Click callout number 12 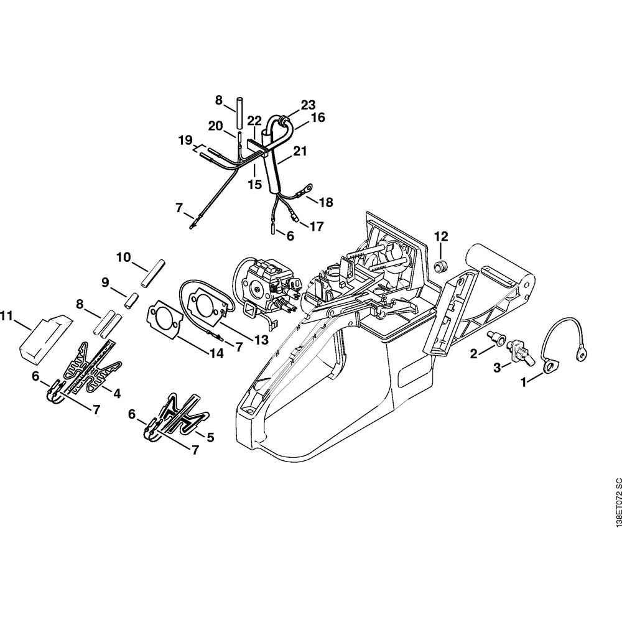pyautogui.click(x=441, y=236)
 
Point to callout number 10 pyautogui.click(x=123, y=257)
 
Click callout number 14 pyautogui.click(x=216, y=353)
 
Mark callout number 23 pyautogui.click(x=309, y=104)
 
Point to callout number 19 pyautogui.click(x=185, y=141)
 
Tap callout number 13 pyautogui.click(x=261, y=340)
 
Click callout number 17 pyautogui.click(x=316, y=227)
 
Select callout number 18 pyautogui.click(x=326, y=202)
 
